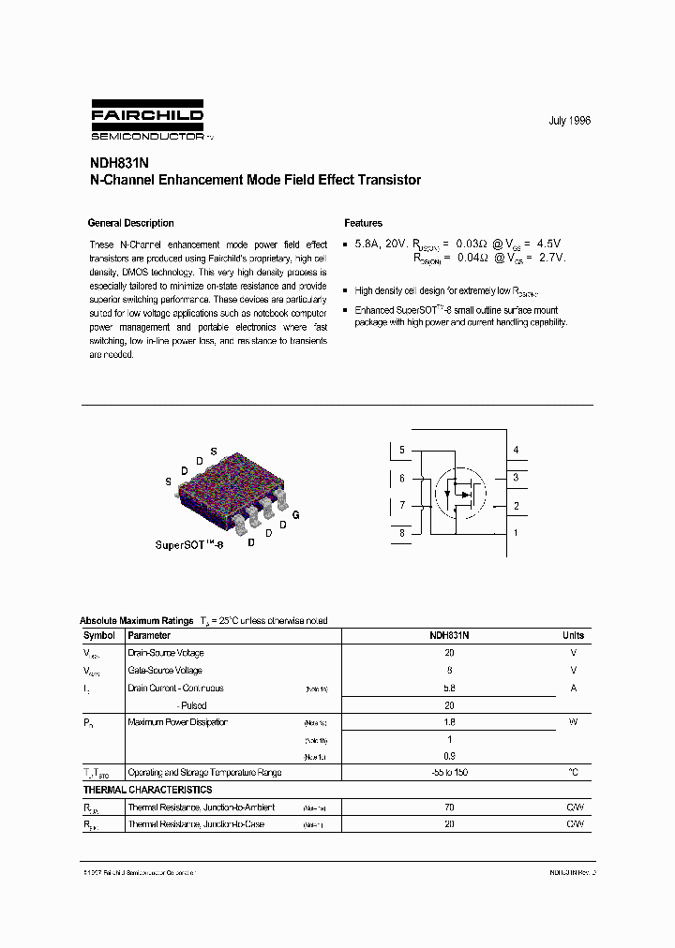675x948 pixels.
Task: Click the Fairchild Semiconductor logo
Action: (147, 123)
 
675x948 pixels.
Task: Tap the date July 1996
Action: (569, 122)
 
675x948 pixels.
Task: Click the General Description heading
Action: (130, 223)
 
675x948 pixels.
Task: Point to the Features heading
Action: (363, 223)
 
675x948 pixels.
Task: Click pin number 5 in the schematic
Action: (402, 451)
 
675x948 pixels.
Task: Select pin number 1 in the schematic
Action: (516, 533)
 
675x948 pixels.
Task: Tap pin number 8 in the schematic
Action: (402, 533)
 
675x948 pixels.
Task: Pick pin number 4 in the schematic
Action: (516, 451)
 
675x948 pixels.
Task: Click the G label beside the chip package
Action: (296, 515)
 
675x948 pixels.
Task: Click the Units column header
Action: (573, 635)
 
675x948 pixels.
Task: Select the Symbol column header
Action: (99, 635)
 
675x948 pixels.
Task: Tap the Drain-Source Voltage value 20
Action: (449, 653)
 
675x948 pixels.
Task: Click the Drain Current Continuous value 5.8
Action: (449, 688)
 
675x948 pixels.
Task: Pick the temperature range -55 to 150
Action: (449, 773)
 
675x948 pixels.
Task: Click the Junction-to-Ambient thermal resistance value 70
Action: (449, 807)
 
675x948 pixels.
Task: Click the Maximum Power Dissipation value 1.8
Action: (449, 722)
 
